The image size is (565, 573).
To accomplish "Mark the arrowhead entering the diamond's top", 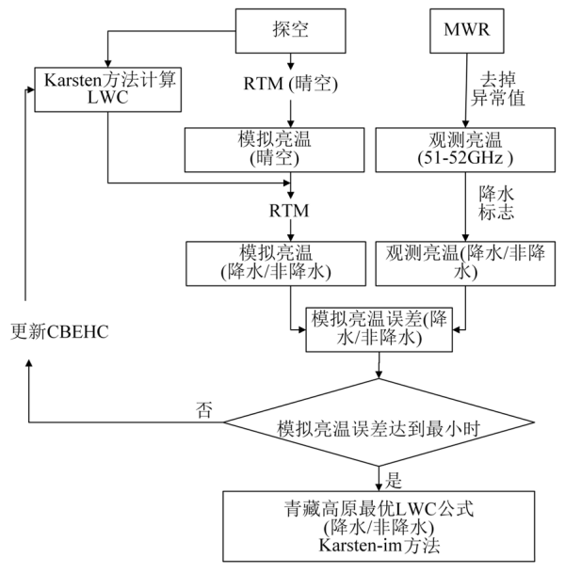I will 380,375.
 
